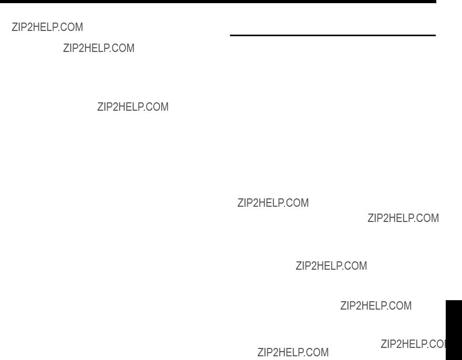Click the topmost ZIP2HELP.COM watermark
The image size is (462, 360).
47,27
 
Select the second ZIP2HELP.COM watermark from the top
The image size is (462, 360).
99,48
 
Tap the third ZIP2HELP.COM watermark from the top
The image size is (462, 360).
133,107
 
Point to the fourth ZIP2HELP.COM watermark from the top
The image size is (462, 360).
273,203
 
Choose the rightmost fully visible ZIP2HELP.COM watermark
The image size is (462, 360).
403,218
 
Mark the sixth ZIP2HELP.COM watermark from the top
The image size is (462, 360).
331,266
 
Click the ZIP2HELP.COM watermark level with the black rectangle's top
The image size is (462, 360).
376,306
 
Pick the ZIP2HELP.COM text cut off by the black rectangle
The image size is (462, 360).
413,344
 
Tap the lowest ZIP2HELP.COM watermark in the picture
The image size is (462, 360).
293,352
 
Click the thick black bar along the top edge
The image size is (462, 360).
218,2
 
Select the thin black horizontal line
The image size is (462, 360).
333,35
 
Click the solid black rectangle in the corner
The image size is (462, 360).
454,330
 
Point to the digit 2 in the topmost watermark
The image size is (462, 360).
29,27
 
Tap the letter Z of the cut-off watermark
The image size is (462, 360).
384,344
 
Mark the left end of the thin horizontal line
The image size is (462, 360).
230,35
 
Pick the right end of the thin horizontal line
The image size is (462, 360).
435,35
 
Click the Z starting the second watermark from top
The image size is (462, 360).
66,48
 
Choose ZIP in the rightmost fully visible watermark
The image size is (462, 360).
375,218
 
